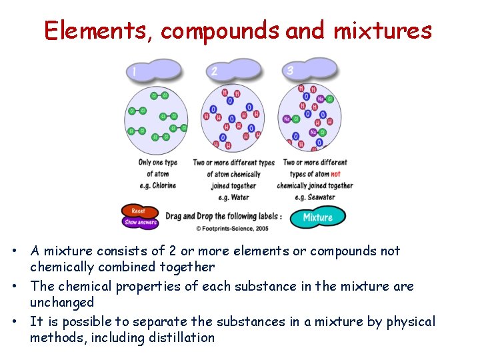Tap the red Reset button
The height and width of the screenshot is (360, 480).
(138, 211)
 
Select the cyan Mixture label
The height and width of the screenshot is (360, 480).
(317, 217)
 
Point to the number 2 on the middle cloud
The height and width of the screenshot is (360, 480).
(214, 71)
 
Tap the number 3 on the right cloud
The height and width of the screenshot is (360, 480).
(290, 70)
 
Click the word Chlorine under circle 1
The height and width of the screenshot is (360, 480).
(163, 185)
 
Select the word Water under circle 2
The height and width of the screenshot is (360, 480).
(239, 197)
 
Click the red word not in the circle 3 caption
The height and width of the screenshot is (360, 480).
(335, 174)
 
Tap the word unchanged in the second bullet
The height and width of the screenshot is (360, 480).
(62, 302)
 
